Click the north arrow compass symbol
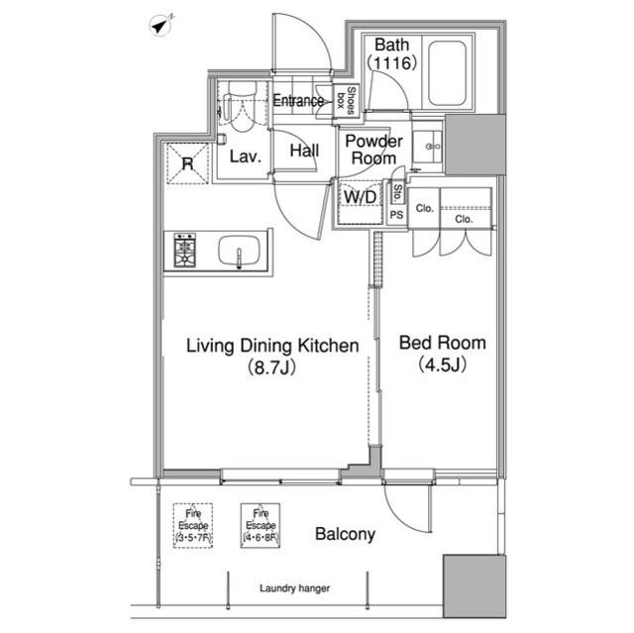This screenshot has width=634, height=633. (x=161, y=26)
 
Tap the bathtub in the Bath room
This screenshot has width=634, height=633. (x=447, y=72)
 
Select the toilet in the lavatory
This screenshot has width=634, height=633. (x=242, y=107)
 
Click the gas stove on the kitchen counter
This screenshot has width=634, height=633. (x=185, y=251)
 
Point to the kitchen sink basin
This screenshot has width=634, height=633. (x=240, y=251)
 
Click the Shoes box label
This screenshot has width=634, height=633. (x=346, y=101)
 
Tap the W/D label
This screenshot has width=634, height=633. (x=360, y=197)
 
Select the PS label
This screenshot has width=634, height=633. (x=396, y=215)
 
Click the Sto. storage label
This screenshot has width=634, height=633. (x=397, y=193)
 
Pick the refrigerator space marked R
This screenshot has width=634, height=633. (x=188, y=163)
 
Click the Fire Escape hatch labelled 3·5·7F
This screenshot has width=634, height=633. (x=193, y=525)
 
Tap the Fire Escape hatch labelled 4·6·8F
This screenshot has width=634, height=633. (x=261, y=525)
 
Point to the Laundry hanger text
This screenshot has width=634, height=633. (x=294, y=588)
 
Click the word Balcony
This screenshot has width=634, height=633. (x=345, y=534)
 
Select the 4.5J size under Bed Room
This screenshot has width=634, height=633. (x=443, y=365)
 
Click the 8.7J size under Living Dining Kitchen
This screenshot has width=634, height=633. (x=272, y=368)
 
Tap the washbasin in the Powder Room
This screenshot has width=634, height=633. (x=427, y=147)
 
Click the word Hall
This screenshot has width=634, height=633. (x=304, y=151)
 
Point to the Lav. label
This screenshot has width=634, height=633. (x=246, y=157)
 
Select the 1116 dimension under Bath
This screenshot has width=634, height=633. (x=391, y=63)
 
